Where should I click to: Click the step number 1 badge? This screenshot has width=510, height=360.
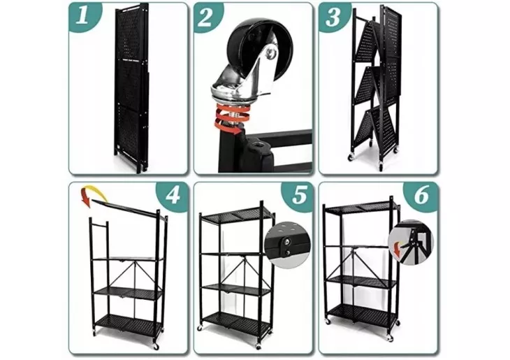pyautogui.click(x=84, y=16)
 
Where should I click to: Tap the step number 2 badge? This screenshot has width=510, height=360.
pyautogui.click(x=207, y=17)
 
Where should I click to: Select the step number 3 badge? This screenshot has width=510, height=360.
pyautogui.click(x=333, y=17)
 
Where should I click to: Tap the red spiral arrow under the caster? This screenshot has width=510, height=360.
pyautogui.click(x=228, y=120)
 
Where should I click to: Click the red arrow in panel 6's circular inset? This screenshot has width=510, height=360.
pyautogui.click(x=397, y=250)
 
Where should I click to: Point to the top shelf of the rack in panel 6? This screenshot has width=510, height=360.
pyautogui.click(x=362, y=208)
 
